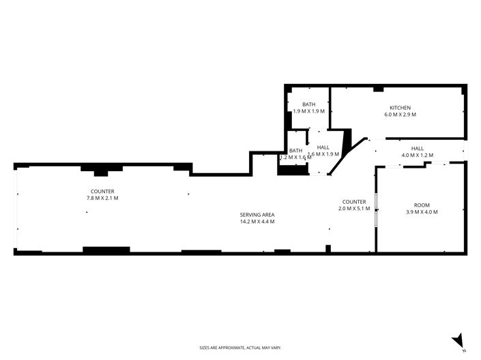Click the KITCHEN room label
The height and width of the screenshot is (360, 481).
(x=400, y=108)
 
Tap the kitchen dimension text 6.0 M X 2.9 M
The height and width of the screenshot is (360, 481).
(x=400, y=115)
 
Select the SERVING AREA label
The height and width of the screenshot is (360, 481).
(x=257, y=215)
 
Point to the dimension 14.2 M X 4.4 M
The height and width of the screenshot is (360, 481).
(x=257, y=222)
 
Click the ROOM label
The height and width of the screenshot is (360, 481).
(x=422, y=205)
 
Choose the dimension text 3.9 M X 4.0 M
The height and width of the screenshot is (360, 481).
(x=422, y=212)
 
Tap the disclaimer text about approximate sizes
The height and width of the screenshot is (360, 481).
(x=240, y=348)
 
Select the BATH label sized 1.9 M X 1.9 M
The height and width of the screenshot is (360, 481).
(x=308, y=104)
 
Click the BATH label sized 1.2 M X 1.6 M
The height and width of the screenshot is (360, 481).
(x=295, y=151)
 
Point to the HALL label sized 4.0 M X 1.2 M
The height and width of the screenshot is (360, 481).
(x=417, y=148)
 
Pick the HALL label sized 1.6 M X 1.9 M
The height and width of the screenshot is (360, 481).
(x=323, y=147)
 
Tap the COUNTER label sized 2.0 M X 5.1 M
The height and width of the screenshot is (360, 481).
(x=354, y=202)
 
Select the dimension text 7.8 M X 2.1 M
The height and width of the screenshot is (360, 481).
(x=102, y=198)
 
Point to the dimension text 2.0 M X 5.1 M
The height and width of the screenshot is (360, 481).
(x=354, y=209)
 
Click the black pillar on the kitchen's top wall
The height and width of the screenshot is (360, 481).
(x=378, y=89)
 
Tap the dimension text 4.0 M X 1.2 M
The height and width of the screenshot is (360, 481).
(x=417, y=155)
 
